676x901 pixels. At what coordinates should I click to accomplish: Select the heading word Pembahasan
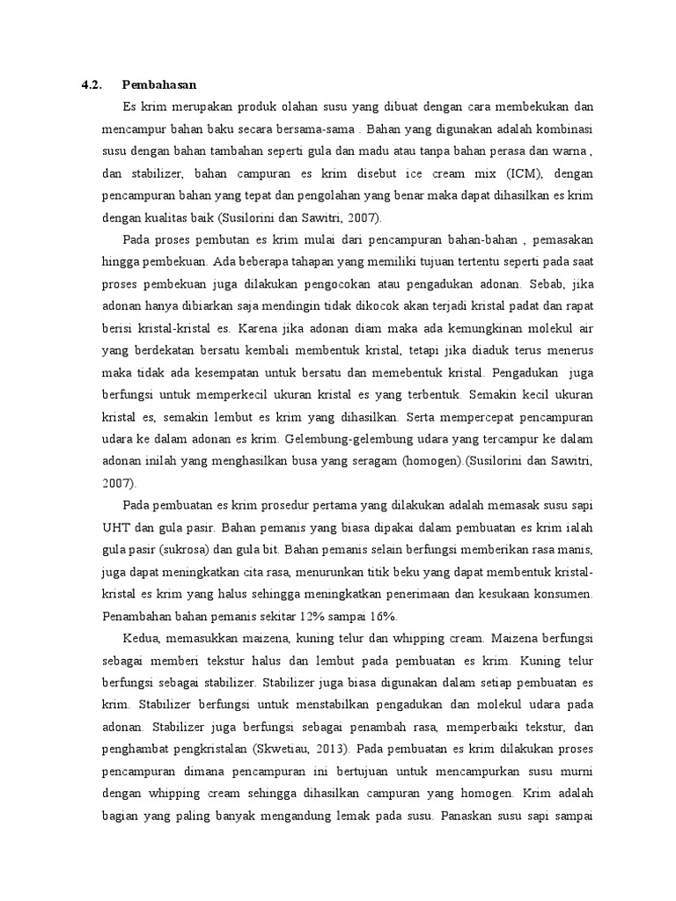[159, 85]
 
